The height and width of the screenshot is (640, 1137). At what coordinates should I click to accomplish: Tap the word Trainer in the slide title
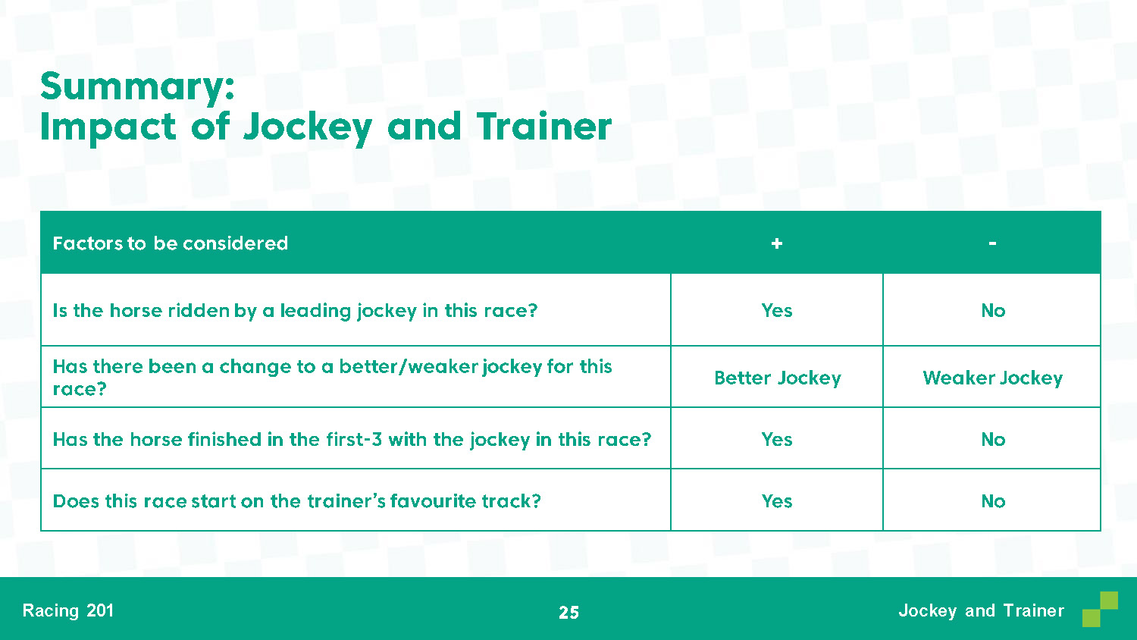543,126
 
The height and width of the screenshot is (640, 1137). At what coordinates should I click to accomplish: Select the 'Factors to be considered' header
170,243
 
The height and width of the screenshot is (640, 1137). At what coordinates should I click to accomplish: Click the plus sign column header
777,244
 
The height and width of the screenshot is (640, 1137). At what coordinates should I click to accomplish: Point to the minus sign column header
992,244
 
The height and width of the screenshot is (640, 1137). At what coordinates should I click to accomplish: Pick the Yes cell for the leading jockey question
777,310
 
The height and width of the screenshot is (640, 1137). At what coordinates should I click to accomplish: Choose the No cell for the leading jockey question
993,310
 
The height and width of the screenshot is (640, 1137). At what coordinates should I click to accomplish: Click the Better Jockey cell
778,378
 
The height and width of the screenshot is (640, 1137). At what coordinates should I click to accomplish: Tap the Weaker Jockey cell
993,378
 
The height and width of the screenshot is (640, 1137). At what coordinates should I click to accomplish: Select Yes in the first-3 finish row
777,439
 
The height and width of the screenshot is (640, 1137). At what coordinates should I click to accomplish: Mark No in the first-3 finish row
993,439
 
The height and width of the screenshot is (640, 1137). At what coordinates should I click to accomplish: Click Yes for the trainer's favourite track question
777,501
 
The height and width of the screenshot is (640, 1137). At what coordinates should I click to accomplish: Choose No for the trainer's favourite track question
993,501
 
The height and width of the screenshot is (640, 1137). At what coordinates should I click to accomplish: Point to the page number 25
568,613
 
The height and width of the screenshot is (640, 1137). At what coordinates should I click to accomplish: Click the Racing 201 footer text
68,610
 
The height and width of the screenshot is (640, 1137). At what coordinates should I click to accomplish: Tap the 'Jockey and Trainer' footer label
981,610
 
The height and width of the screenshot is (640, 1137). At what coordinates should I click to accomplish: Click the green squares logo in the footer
1100,609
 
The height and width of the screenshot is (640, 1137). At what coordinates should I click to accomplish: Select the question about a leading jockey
295,311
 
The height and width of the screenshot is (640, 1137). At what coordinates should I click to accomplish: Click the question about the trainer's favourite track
297,501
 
